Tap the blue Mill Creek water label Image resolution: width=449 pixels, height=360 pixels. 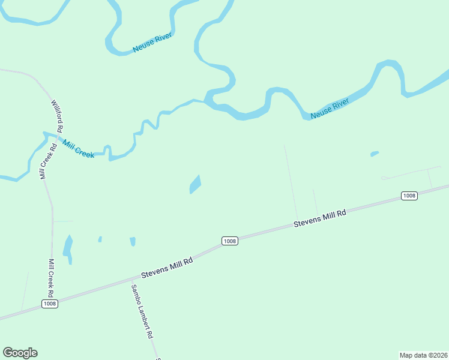point(78,149)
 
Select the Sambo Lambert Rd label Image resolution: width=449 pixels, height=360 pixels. point(143,311)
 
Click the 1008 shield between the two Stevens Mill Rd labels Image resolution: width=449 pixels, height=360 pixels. point(229,241)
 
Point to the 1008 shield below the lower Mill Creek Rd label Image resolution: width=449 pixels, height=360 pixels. point(50,304)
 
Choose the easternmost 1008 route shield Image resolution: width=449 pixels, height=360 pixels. point(409,196)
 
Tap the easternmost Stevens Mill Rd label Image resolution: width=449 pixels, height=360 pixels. point(320,218)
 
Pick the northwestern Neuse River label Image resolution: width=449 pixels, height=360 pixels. point(152,43)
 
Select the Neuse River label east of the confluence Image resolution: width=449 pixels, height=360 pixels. point(330,109)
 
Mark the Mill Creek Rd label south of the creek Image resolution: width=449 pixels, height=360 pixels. point(52,278)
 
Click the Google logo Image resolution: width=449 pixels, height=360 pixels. point(20,353)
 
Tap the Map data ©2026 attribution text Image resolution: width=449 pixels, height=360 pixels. point(423,355)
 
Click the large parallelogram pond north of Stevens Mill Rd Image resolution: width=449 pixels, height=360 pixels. point(195,184)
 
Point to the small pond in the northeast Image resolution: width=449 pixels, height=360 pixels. point(375,154)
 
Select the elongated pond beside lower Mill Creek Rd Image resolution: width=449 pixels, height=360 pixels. point(68,248)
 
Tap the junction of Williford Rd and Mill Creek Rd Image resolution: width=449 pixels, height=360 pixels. point(55,139)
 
